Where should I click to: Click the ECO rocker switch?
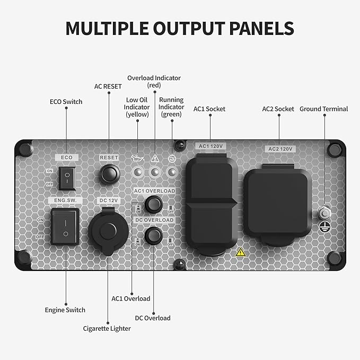[x=67, y=178]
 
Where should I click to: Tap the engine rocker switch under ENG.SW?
[x=65, y=227]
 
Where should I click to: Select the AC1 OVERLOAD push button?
[x=154, y=204]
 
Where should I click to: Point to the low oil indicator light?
[x=138, y=172]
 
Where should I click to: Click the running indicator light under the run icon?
[x=172, y=172]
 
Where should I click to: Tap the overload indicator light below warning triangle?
[x=155, y=172]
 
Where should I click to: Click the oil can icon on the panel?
[x=137, y=158]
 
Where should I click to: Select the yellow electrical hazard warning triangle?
[x=240, y=252]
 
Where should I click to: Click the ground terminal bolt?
[x=325, y=213]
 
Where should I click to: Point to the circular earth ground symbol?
[x=325, y=227]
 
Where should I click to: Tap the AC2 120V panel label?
[x=280, y=149]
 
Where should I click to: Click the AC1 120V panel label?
[x=210, y=146]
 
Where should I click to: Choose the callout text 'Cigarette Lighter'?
[x=107, y=329]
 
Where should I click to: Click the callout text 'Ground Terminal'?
[x=324, y=109]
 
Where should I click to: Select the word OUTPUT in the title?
[x=189, y=28]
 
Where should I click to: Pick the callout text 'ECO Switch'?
[x=66, y=102]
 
